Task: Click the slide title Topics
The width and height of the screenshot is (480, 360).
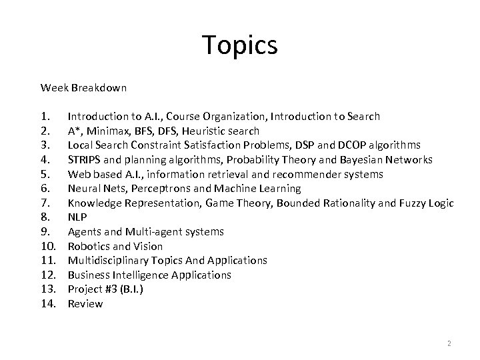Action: (x=239, y=46)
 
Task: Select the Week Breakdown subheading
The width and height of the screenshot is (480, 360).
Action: (x=83, y=87)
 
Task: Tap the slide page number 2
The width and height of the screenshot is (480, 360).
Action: (x=449, y=343)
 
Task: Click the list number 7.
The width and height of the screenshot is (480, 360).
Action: (x=45, y=203)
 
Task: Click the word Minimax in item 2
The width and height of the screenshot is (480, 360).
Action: (x=107, y=131)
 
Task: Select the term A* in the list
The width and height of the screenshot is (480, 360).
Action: (x=74, y=131)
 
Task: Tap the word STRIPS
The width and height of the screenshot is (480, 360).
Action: (x=84, y=159)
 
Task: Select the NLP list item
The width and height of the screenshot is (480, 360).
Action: (x=77, y=217)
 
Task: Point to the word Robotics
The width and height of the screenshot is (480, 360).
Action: (x=90, y=246)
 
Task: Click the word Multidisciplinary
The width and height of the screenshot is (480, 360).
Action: (x=108, y=261)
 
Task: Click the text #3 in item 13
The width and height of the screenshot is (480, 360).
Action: (x=112, y=289)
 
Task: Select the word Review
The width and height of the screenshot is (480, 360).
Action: (x=85, y=304)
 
